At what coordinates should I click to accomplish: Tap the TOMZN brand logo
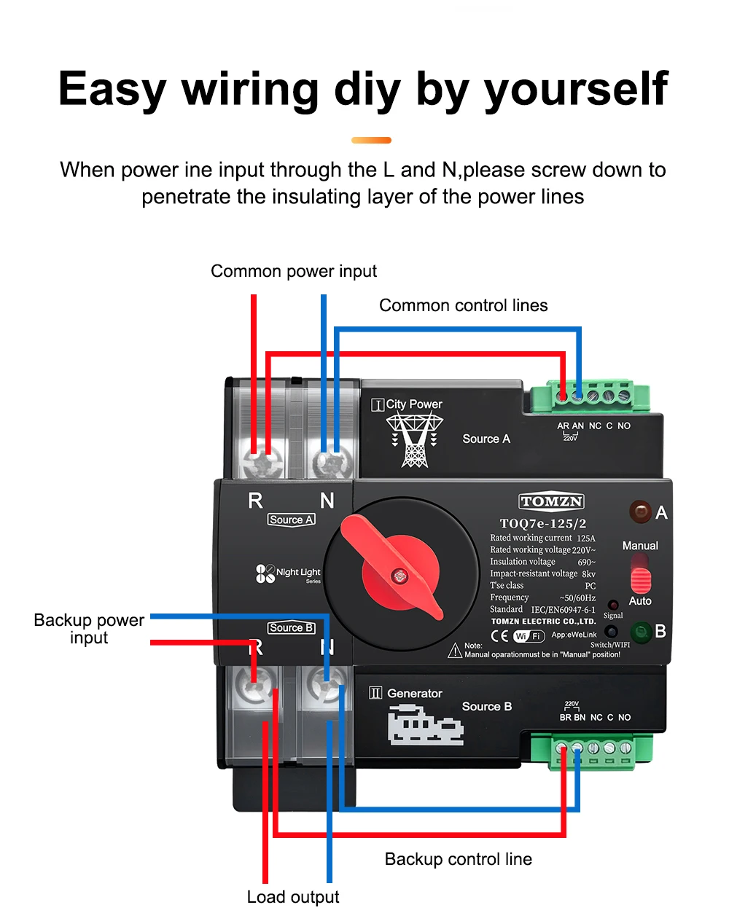click(x=551, y=501)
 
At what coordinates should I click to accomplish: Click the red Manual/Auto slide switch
click(x=640, y=576)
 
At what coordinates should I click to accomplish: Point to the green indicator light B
click(x=641, y=632)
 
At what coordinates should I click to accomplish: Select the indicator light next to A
click(x=641, y=512)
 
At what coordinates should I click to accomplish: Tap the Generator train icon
click(x=425, y=725)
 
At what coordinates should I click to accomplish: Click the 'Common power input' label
click(x=294, y=271)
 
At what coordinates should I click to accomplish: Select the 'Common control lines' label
click(x=463, y=305)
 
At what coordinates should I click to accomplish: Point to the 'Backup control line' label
click(x=458, y=859)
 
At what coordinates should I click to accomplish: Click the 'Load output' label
click(x=293, y=897)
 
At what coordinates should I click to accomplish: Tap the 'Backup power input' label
click(x=89, y=629)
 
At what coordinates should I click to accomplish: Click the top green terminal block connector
click(x=590, y=396)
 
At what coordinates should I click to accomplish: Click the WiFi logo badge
click(x=529, y=636)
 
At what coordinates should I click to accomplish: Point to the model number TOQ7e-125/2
click(x=543, y=523)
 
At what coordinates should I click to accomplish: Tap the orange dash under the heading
click(x=371, y=140)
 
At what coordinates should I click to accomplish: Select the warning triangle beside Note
click(x=455, y=650)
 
